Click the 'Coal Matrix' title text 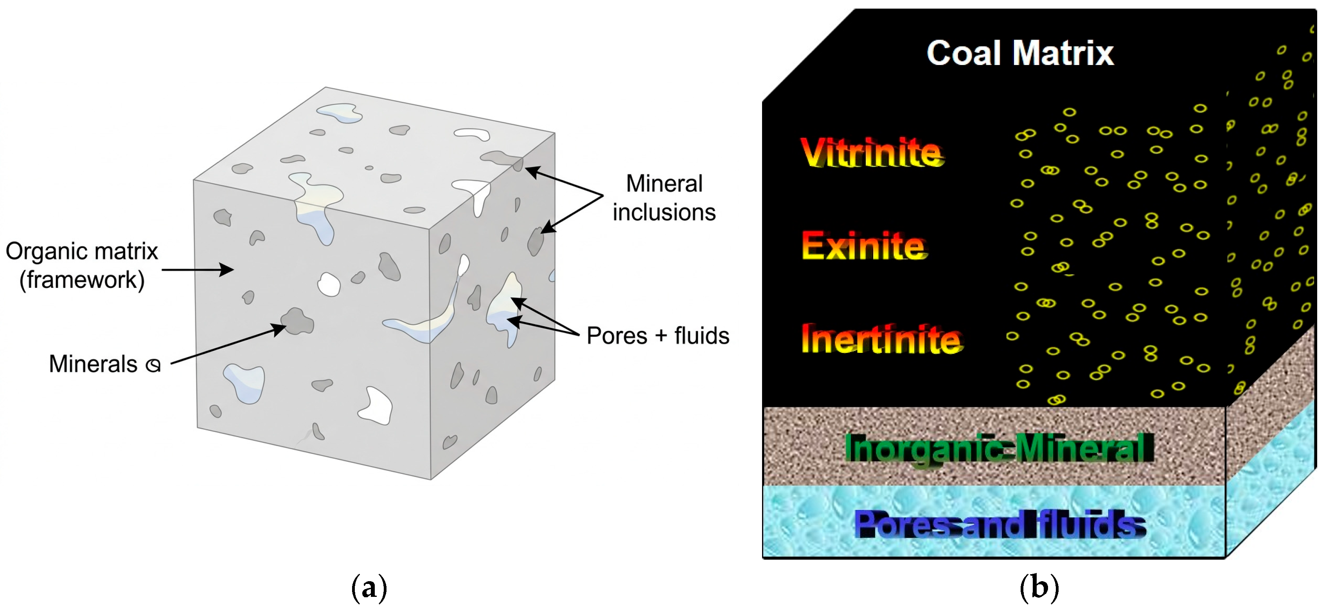tap(1019, 53)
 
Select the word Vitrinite tap(872, 152)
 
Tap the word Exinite tap(864, 246)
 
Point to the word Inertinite tap(882, 339)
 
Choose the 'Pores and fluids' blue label tap(1000, 524)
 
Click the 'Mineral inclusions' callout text tap(664, 198)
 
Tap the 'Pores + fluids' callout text tap(658, 336)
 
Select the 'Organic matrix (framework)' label tap(82, 266)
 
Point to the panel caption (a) tap(369, 587)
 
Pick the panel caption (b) tap(1039, 587)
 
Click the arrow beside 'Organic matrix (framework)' tap(198, 269)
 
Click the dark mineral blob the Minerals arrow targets tap(297, 322)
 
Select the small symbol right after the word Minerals tap(153, 365)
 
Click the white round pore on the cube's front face tap(329, 284)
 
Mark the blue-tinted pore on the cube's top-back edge tap(340, 113)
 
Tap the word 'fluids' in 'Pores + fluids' tap(701, 336)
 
